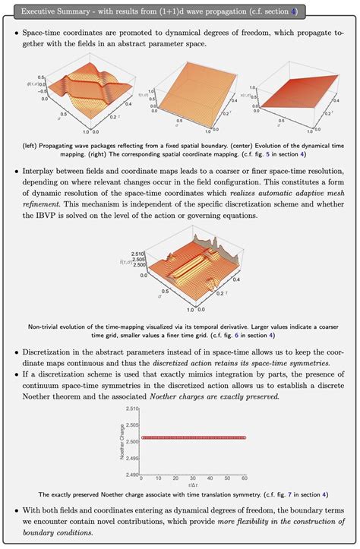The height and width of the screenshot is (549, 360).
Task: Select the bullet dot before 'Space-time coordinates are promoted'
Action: (x=16, y=36)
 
